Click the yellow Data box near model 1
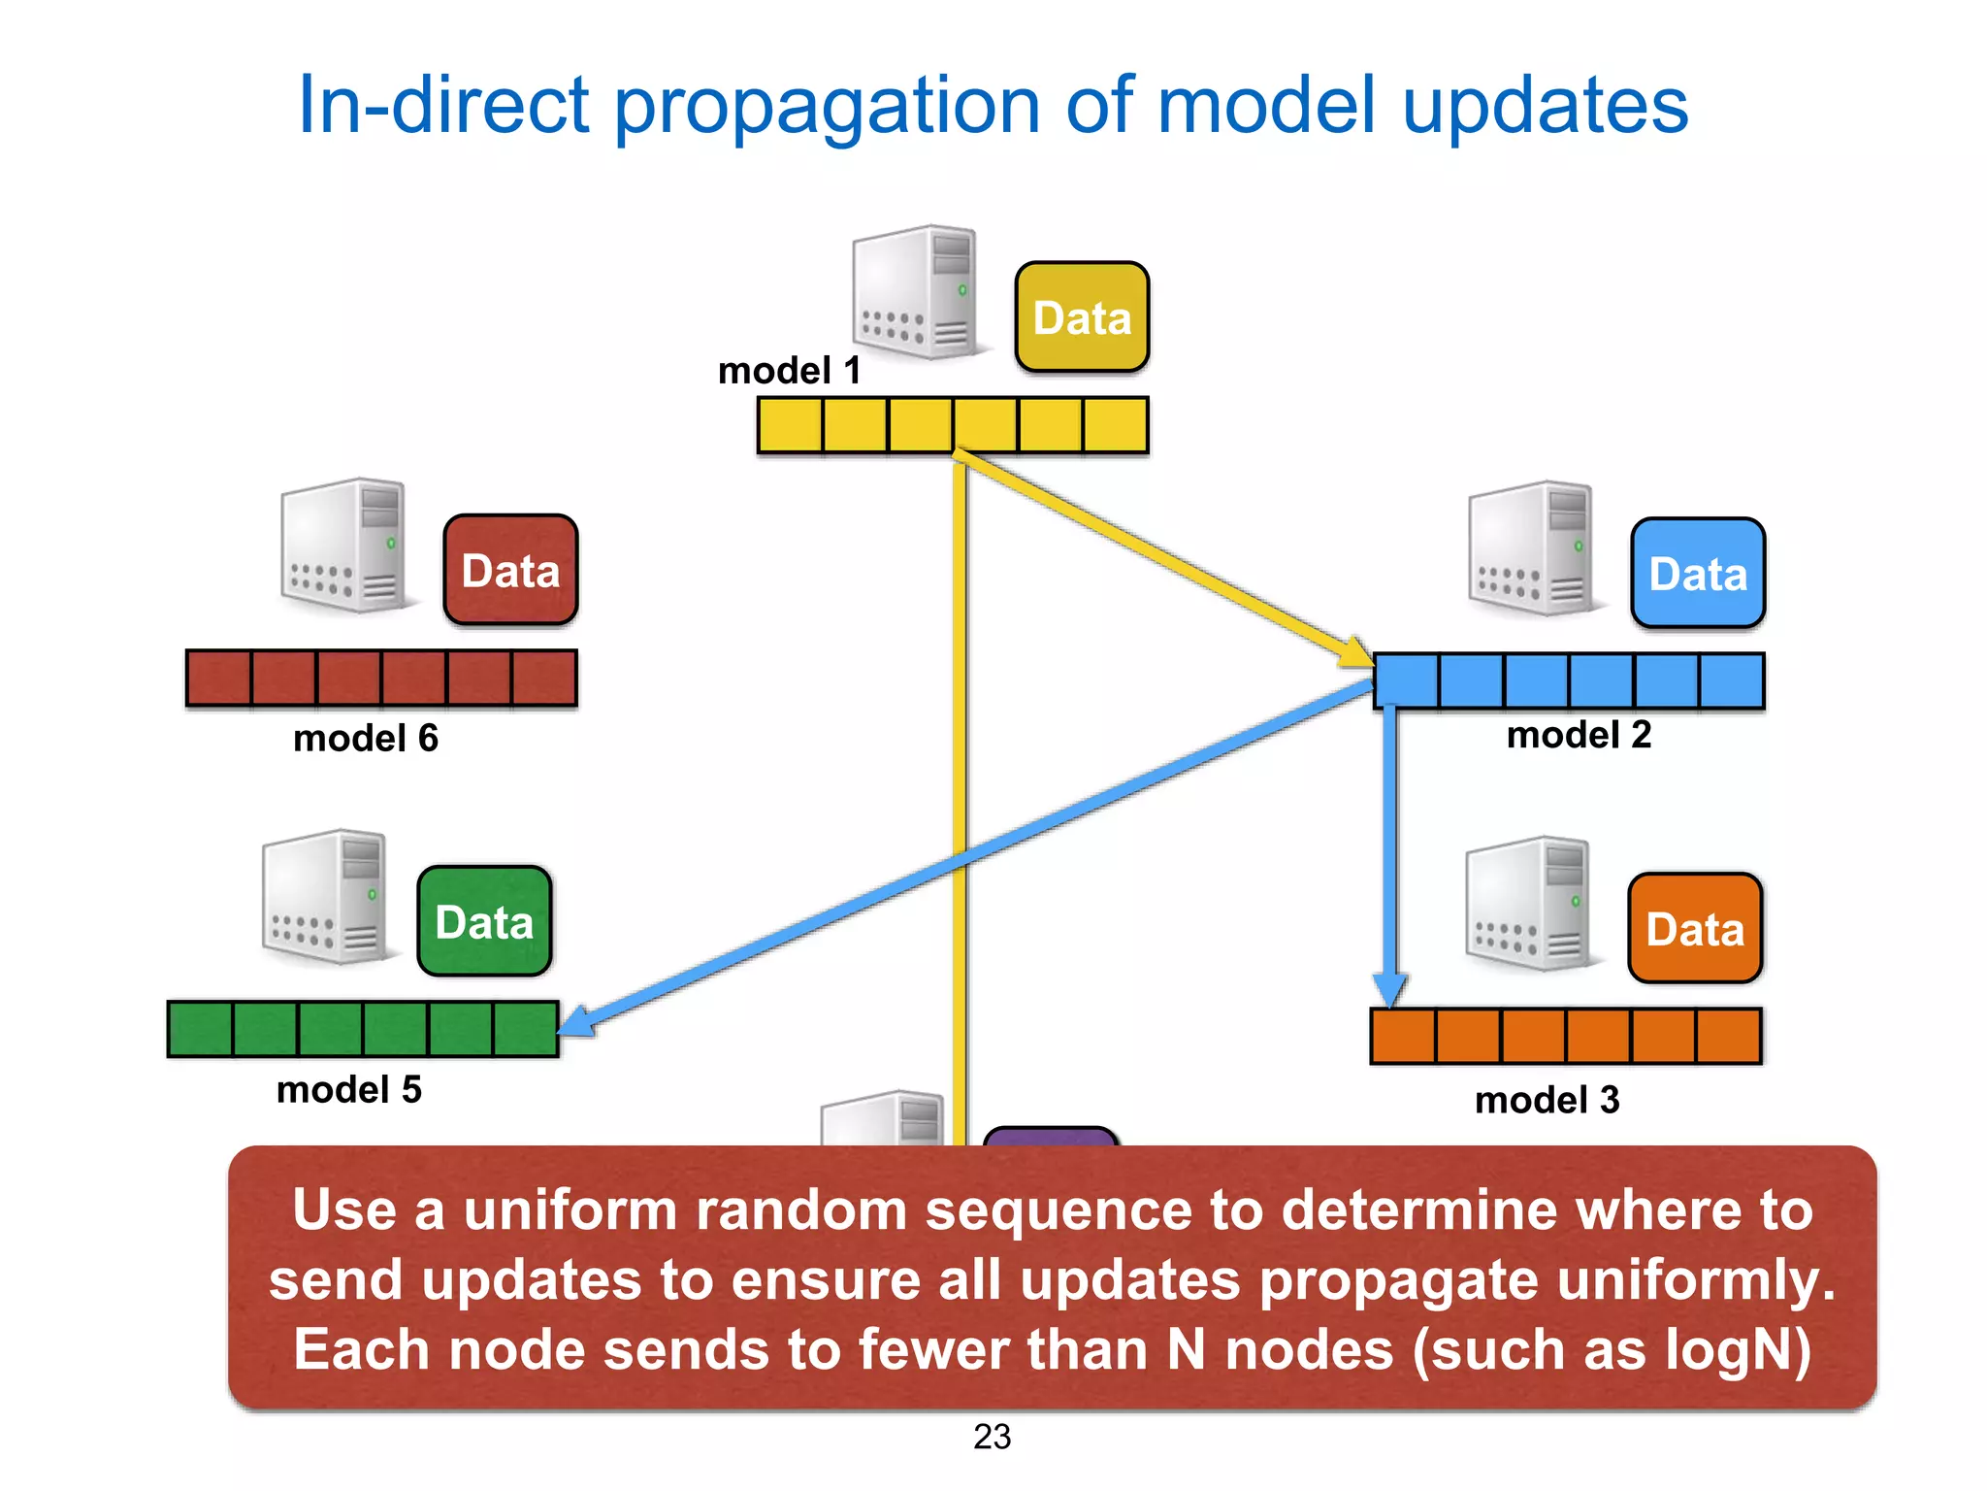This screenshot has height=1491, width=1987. [1082, 317]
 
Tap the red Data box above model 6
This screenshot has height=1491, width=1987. [510, 571]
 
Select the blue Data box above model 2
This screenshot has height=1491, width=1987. [1698, 574]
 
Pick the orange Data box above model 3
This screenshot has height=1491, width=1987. [1695, 929]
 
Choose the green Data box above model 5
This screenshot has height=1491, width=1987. [484, 922]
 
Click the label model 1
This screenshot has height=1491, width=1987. [789, 371]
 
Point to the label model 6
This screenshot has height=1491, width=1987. [366, 739]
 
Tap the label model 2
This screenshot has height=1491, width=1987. [1579, 735]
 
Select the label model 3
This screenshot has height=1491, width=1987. [1547, 1100]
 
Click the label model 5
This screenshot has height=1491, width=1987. [349, 1090]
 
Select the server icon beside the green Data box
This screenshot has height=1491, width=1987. [325, 897]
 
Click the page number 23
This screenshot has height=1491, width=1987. [992, 1437]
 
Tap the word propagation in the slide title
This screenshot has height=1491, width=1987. [827, 107]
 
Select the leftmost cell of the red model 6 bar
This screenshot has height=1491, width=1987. [219, 678]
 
